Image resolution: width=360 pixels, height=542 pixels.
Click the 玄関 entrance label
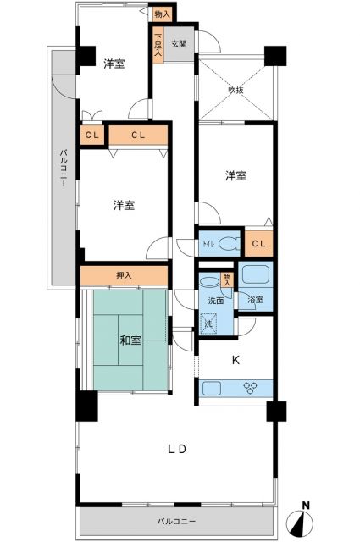180,44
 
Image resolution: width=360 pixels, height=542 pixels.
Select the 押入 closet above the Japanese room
124,275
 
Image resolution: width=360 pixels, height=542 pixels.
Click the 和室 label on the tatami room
130,340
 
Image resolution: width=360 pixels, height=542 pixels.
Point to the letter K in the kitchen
236,359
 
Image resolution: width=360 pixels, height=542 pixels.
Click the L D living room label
176,448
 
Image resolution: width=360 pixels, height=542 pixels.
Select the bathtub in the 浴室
255,275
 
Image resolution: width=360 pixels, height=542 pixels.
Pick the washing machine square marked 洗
208,323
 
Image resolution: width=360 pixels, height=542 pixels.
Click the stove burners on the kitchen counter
252,389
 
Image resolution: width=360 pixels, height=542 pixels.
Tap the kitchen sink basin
212,389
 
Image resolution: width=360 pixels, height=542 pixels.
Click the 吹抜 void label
236,90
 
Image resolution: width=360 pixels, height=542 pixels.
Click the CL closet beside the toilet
261,244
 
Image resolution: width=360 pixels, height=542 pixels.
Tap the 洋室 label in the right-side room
236,175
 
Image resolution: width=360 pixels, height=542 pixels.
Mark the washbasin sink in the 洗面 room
208,282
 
